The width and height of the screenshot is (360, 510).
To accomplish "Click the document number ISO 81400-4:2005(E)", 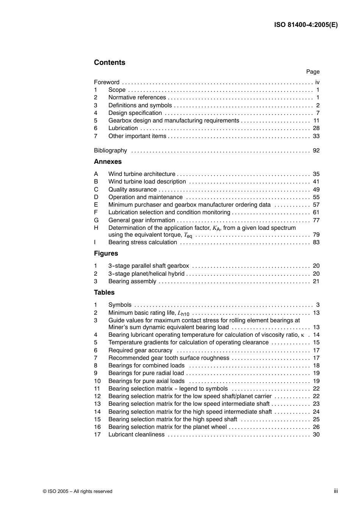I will pos(306,25).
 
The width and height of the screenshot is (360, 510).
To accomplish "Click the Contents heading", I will pos(110,63).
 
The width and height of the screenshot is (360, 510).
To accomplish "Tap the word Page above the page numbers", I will pos(313,72).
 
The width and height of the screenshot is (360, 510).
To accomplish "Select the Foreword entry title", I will pos(106,82).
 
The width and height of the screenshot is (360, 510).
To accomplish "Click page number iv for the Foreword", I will pos(317,82).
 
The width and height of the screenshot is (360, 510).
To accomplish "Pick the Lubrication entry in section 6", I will pos(123,128).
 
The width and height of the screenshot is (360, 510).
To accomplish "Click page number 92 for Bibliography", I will pos(316,151).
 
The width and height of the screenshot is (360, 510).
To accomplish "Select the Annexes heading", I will pos(108,162).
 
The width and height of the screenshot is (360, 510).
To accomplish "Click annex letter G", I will pos(96,220).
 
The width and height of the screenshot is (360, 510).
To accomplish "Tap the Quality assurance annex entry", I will pos(132,190).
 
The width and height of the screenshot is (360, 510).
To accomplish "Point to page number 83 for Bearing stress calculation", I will pos(316,242).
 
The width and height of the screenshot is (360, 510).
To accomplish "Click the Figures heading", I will pos(106,253).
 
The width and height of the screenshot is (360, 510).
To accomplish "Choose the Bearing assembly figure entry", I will pos(132,281).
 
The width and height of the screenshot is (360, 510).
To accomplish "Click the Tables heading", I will pos(104,292).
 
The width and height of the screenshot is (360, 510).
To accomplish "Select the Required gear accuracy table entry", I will pos(140,350).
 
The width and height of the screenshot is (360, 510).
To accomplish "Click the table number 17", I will pos(97,435).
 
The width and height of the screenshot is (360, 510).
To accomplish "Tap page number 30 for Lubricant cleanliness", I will pos(316,435).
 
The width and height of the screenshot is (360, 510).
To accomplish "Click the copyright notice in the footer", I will pos(78,491).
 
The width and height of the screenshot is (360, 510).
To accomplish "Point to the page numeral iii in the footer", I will pos(336,491).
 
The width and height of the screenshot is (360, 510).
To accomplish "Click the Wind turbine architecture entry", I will pos(142,174).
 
